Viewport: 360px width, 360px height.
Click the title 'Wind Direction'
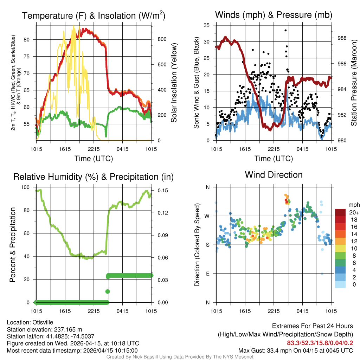coord(274,175)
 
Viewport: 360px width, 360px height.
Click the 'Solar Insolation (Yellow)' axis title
coord(174,83)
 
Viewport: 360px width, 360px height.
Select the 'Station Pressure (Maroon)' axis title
coord(354,83)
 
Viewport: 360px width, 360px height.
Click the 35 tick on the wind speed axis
coord(207,25)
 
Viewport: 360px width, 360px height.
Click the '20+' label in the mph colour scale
coord(353,212)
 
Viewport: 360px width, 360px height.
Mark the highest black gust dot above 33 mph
coord(285,30)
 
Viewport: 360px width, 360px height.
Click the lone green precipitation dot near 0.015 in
coord(108,291)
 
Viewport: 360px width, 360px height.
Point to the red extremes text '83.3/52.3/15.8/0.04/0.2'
coord(320,343)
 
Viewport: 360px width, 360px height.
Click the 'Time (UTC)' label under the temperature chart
coord(94,159)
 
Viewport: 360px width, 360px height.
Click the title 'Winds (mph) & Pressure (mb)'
coord(274,15)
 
